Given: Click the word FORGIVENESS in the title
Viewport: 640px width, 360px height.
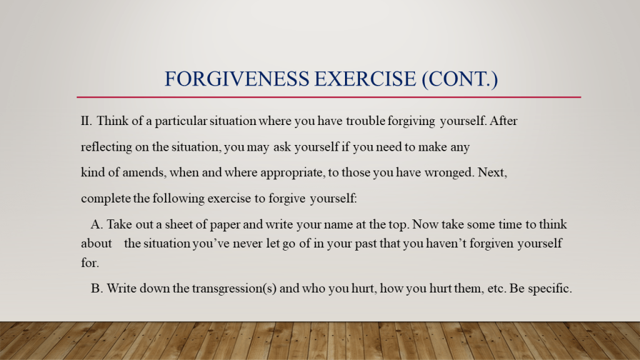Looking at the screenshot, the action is (237, 79).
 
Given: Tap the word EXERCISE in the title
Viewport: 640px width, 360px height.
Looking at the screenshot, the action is (365, 79).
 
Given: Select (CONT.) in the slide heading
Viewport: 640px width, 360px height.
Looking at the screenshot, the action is (460, 79).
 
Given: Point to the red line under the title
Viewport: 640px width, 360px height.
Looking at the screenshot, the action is (329, 97).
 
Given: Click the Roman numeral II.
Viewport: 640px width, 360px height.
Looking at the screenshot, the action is (86, 121).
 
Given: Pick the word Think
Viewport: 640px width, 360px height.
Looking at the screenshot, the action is (112, 121).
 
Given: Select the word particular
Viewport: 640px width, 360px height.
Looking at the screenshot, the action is (181, 121).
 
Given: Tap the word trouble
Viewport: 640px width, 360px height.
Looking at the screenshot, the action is (365, 121).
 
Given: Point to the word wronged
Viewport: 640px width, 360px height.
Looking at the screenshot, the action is (449, 172).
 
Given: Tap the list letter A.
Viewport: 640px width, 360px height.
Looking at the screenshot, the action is (97, 224).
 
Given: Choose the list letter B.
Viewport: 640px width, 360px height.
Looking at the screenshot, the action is (96, 289).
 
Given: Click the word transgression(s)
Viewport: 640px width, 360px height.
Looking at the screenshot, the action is (234, 289).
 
